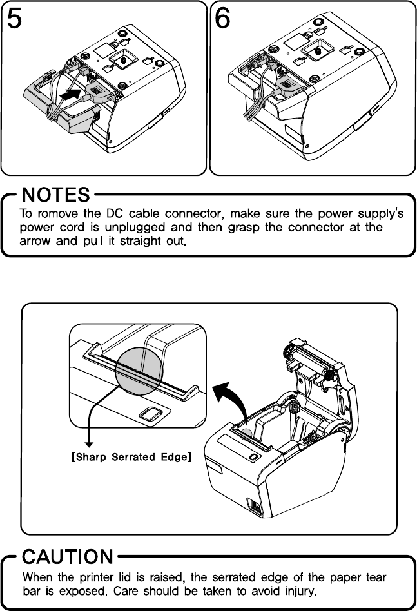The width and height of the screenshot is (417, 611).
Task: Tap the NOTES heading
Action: [55, 194]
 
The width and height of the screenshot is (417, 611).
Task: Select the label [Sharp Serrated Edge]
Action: [129, 458]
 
